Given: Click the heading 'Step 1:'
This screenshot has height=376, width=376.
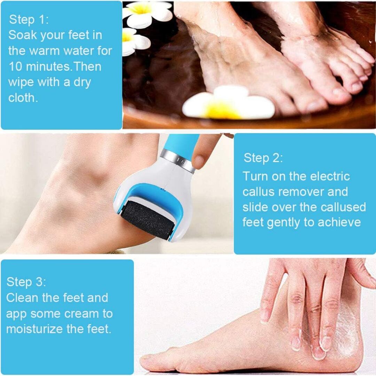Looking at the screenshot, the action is pos(29,19).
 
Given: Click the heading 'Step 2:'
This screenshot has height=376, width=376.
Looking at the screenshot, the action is pos(263,158).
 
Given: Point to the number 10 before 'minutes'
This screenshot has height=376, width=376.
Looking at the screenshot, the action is pos(16,66).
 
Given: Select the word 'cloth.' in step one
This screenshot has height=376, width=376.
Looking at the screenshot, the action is pos(23,97).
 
